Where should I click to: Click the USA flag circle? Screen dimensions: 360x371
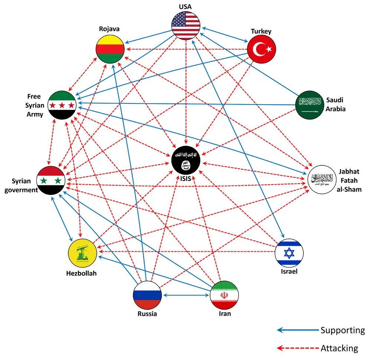pos(186,25)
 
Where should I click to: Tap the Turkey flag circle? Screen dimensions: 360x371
pos(262,49)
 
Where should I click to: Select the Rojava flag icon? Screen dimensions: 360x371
pos(110,49)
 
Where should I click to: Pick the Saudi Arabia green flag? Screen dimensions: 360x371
pos(309,105)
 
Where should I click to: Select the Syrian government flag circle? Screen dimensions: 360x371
pos(51,181)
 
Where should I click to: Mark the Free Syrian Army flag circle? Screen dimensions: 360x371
pos(62,105)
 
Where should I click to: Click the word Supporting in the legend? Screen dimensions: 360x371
pos(342,330)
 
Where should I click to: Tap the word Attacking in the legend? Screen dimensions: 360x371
pos(339,348)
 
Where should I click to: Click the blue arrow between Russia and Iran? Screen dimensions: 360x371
pos(186,295)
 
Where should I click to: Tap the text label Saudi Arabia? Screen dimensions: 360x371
pos(336,105)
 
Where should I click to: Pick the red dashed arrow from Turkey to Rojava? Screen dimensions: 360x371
pos(186,49)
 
